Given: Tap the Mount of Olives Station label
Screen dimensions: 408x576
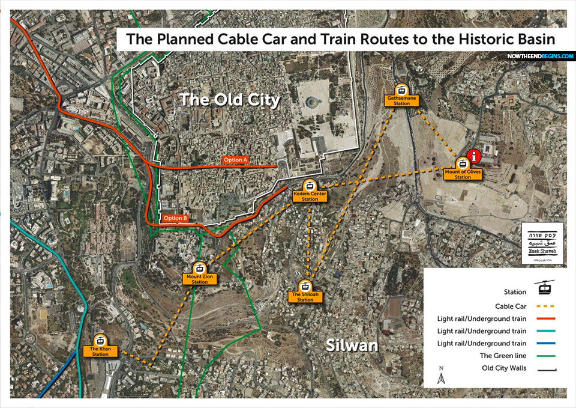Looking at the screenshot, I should click(x=463, y=175).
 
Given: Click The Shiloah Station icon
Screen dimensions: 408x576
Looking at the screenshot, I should click(x=305, y=287).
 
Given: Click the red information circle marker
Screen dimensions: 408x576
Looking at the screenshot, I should click(x=475, y=157).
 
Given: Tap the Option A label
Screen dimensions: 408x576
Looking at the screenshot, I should click(x=236, y=159).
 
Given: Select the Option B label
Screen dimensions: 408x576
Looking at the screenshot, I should click(x=176, y=218).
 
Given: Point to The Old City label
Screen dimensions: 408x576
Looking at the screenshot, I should click(x=230, y=99).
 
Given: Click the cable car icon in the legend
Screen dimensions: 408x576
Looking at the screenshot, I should click(x=545, y=288).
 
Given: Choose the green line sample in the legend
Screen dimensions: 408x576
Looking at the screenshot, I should click(x=545, y=355).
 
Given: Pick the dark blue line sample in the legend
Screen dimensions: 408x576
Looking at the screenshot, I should click(x=545, y=343).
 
